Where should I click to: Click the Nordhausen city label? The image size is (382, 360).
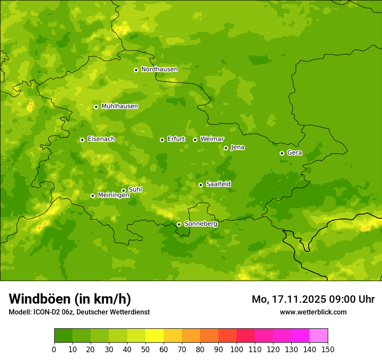click(159, 69)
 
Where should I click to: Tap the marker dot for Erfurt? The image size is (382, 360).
click(162, 140)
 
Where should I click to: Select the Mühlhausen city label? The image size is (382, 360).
click(119, 106)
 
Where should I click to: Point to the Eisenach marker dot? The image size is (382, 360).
click(82, 140)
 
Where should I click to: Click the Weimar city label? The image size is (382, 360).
click(212, 139)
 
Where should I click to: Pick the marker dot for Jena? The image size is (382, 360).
click(226, 148)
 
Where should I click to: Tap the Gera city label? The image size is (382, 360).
click(294, 153)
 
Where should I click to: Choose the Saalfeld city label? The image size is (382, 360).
click(218, 184)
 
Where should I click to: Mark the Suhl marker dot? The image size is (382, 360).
click(123, 190)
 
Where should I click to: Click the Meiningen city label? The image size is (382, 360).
click(113, 195)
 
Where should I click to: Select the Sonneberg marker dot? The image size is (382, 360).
click(179, 224)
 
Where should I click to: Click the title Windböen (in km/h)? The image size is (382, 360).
click(70, 299)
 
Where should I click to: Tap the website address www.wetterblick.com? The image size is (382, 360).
click(313, 312)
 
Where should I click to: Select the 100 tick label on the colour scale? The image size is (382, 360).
click(237, 349)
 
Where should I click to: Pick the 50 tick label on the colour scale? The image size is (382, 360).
click(145, 349)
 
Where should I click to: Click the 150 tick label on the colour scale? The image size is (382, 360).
click(328, 349)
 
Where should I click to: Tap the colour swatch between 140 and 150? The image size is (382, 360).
click(319, 336)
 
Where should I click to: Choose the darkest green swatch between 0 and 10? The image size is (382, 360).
click(63, 336)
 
